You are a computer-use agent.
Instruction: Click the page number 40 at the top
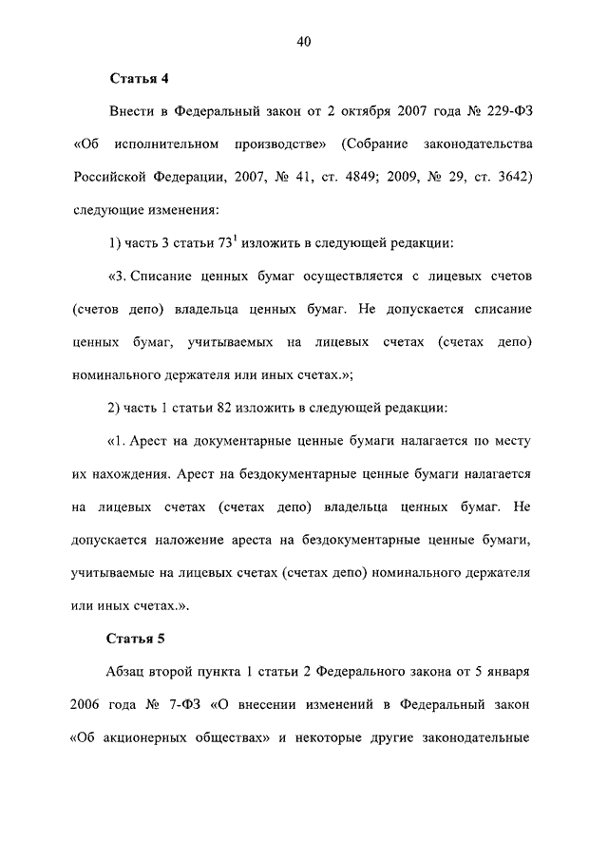(x=304, y=41)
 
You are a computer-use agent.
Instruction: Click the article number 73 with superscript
(x=230, y=242)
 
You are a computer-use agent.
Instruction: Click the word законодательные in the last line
(x=470, y=737)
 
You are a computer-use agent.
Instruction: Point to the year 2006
(x=89, y=704)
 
